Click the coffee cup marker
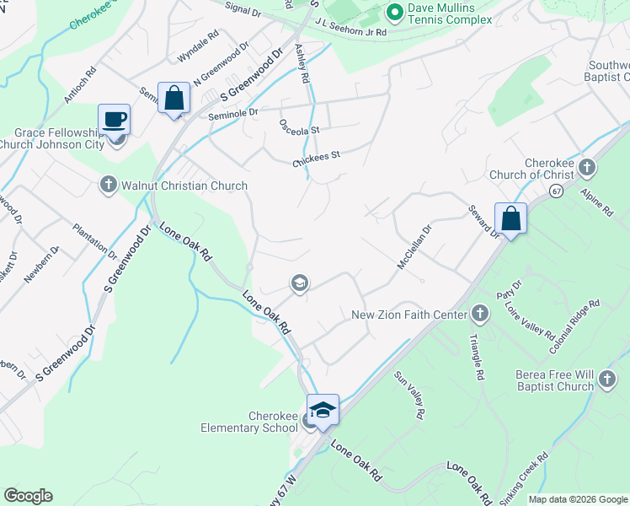[114, 120]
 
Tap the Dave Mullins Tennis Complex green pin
[393, 12]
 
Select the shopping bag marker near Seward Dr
[510, 218]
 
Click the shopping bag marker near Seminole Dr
[174, 98]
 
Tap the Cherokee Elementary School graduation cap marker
[322, 410]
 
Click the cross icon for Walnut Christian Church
[108, 185]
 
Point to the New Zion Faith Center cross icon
[480, 315]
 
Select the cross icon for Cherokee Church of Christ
[587, 169]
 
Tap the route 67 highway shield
[556, 192]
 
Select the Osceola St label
[300, 126]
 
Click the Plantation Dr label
[94, 240]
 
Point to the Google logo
[28, 496]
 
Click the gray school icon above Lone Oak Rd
[299, 283]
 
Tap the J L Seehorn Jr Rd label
[350, 29]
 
